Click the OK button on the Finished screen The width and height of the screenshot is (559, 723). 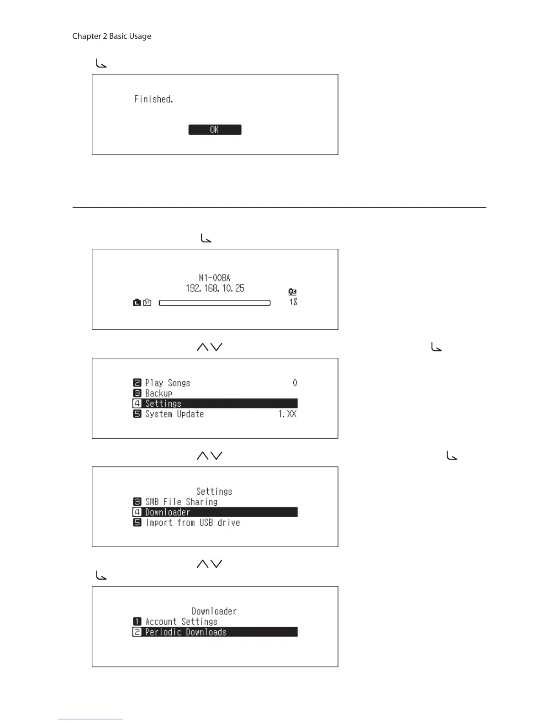[x=215, y=130]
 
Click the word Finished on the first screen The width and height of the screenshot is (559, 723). [x=153, y=99]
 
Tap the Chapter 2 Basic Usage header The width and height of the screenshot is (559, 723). [x=111, y=36]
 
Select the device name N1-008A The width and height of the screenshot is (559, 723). [x=215, y=278]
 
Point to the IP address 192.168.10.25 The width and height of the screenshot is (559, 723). [x=215, y=288]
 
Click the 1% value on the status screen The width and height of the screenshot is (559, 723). [x=293, y=302]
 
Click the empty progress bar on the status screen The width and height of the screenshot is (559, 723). [x=215, y=303]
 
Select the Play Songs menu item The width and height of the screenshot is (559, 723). [x=168, y=383]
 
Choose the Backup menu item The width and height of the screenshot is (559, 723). [x=158, y=393]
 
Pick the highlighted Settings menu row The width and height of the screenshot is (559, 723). [x=215, y=403]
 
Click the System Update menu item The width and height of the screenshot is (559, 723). [x=174, y=414]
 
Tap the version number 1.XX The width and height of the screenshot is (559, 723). [x=287, y=414]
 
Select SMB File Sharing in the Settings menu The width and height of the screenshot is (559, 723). [x=181, y=502]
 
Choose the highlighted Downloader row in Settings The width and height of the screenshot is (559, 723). [x=215, y=512]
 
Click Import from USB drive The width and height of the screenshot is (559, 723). [x=193, y=523]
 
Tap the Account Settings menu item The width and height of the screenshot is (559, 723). [x=181, y=622]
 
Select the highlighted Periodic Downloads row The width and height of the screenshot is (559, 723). [x=215, y=632]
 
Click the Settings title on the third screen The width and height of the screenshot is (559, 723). [x=214, y=492]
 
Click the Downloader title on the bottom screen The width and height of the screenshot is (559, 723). [x=214, y=611]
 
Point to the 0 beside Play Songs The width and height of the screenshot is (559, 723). [x=295, y=383]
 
